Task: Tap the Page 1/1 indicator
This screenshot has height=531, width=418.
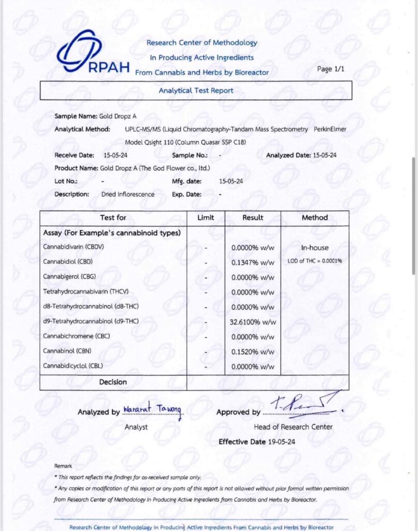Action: (x=330, y=69)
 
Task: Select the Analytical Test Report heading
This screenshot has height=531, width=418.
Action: (x=196, y=90)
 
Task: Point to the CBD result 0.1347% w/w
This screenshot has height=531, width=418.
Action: (x=253, y=262)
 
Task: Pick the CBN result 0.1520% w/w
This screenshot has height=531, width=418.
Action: (x=253, y=352)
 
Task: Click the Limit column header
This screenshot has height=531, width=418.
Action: (x=206, y=218)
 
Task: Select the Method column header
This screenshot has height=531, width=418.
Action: (x=314, y=218)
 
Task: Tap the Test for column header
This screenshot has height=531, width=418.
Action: (x=113, y=218)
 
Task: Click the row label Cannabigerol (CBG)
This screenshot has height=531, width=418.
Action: (x=69, y=277)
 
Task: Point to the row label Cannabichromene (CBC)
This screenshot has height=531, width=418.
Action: (x=76, y=336)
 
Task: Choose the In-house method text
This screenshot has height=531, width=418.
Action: (x=314, y=248)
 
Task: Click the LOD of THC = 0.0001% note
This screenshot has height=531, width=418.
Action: (x=314, y=261)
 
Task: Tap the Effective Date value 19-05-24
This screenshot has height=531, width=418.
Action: (x=269, y=442)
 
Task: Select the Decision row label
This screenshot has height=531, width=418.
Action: (x=113, y=382)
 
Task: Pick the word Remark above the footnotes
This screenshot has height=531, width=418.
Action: (x=63, y=466)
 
